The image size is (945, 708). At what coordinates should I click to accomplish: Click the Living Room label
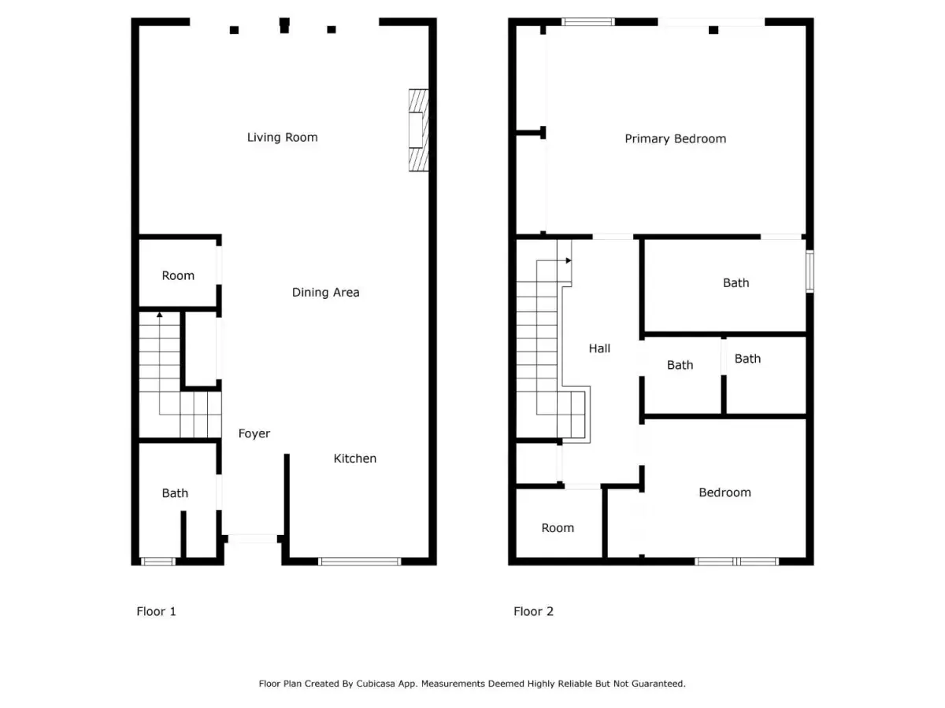[282, 137]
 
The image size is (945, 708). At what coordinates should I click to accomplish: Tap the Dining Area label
[325, 293]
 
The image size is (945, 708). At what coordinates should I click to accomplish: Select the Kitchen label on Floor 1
[354, 459]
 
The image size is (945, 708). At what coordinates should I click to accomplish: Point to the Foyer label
[254, 433]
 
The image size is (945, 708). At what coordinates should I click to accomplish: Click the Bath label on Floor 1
[175, 492]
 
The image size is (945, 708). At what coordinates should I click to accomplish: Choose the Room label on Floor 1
[178, 275]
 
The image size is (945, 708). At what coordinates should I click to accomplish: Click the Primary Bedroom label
[675, 139]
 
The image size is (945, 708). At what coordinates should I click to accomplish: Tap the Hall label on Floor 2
[599, 348]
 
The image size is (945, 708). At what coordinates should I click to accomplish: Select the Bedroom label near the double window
[724, 492]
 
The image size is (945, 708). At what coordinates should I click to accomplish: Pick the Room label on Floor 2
[558, 527]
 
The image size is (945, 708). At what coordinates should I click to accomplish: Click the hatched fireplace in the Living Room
[418, 131]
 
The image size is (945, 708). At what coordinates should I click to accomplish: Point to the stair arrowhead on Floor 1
[159, 315]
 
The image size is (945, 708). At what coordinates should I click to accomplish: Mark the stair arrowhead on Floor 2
[569, 260]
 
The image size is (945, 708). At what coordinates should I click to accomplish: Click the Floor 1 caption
[156, 611]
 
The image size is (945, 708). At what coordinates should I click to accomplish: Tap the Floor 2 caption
[533, 611]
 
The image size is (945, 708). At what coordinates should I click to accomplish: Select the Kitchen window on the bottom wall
[359, 562]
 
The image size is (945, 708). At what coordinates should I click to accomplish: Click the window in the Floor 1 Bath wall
[158, 562]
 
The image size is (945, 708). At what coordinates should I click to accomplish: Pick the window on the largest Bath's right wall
[810, 271]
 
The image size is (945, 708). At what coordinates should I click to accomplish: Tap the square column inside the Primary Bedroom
[713, 30]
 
